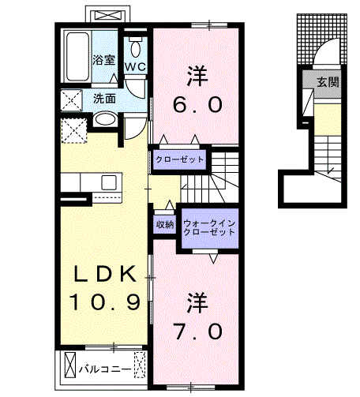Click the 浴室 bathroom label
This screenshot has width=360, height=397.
point(104,60)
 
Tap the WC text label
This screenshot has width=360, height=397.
point(134,66)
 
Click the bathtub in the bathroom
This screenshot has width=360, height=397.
point(77,56)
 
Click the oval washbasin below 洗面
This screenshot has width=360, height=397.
point(104,120)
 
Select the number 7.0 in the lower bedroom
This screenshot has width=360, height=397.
point(198,331)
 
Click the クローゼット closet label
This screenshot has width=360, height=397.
point(179,159)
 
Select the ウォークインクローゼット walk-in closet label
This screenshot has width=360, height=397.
point(209,228)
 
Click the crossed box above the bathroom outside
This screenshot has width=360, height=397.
point(108,15)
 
